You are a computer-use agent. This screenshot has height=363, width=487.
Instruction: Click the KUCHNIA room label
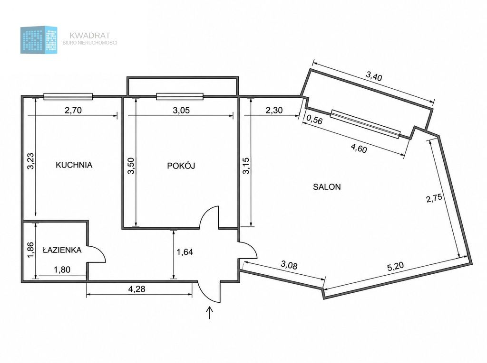point(74,165)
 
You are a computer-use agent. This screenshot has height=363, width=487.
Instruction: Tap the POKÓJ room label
point(181,166)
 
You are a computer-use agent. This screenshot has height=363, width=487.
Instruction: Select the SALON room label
point(327,187)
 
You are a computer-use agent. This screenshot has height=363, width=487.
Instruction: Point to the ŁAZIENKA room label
point(62,250)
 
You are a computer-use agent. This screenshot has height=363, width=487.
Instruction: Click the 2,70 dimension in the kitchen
point(73,110)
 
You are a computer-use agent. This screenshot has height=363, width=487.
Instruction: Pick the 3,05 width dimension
point(181,110)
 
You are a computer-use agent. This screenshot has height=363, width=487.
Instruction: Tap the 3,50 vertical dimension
point(131,166)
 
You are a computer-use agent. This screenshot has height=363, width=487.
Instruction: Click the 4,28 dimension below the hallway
point(136,289)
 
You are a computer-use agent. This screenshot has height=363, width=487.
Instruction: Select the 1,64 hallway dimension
point(185,252)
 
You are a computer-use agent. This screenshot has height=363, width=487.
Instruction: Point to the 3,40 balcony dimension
point(374,76)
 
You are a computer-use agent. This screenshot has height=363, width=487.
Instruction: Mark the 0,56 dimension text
point(314,120)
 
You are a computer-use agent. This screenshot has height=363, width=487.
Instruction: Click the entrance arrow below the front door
point(210,313)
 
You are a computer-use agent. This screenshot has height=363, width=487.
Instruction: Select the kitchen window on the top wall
point(68,97)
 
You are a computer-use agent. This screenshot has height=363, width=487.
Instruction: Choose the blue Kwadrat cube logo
point(39,40)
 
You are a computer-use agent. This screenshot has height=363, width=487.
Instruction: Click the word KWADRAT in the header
point(90,35)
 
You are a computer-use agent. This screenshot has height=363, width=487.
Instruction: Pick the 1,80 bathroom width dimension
point(62,270)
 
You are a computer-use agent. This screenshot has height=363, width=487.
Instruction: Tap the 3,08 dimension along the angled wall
point(289,265)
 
